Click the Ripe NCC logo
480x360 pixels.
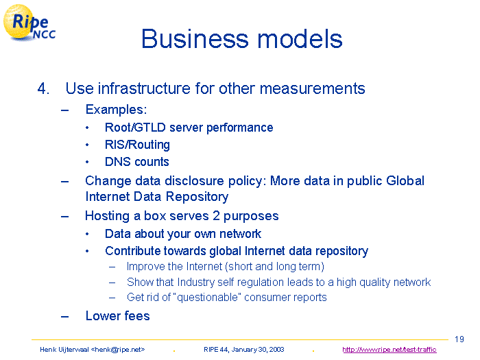click(x=29, y=23)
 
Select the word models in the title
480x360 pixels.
click(x=300, y=39)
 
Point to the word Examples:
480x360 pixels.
click(x=117, y=110)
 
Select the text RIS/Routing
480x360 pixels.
click(x=137, y=145)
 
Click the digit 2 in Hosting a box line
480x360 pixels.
click(x=216, y=216)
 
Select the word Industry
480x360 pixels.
click(x=195, y=282)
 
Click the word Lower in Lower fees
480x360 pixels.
click(x=102, y=316)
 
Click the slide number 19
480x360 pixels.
click(x=459, y=339)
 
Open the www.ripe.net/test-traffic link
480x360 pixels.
click(x=389, y=350)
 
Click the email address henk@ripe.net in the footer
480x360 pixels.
click(x=118, y=350)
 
